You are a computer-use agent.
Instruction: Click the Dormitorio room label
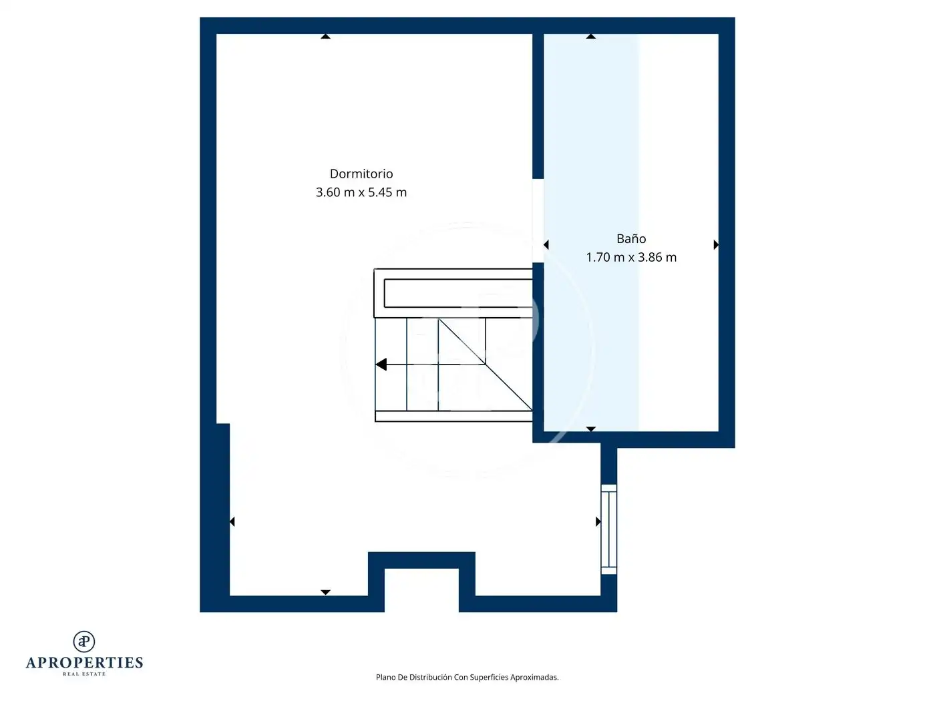click(361, 174)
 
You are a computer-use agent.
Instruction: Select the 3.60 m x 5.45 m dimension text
click(361, 192)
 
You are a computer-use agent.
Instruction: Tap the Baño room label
click(631, 238)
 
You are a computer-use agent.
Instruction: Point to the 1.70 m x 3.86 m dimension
click(631, 258)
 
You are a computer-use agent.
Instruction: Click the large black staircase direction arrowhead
click(381, 365)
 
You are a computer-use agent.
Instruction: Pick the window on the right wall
click(608, 529)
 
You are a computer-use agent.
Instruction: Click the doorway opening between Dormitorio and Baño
click(538, 220)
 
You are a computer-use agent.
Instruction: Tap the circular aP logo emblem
click(84, 642)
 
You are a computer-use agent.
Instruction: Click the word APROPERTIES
click(84, 663)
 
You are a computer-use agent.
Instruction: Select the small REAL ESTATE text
click(84, 674)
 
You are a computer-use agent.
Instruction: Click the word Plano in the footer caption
click(385, 677)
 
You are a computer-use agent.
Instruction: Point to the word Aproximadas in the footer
click(534, 677)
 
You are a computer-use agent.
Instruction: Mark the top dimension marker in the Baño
click(590, 36)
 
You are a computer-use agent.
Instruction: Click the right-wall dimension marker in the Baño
click(716, 245)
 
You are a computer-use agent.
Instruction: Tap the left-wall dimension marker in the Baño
click(546, 245)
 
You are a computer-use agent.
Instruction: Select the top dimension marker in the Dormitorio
click(325, 36)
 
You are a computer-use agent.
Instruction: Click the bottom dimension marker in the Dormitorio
click(325, 592)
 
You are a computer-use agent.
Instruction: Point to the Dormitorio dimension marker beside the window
click(598, 521)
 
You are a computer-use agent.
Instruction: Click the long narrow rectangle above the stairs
click(458, 293)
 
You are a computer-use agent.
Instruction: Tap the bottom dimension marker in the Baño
click(590, 429)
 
